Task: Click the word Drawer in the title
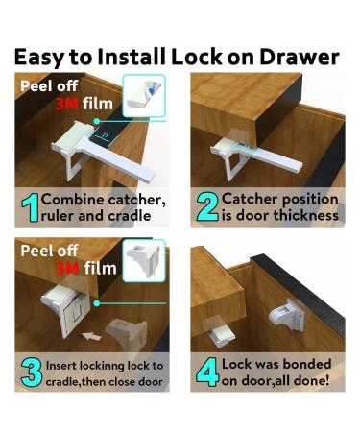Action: (x=300, y=57)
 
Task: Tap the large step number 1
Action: (x=30, y=207)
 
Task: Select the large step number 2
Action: (x=207, y=206)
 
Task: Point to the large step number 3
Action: (x=32, y=372)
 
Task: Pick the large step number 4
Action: (x=208, y=372)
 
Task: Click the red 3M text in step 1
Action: (x=67, y=104)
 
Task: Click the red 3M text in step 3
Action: (x=67, y=268)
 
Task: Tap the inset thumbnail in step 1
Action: (x=144, y=95)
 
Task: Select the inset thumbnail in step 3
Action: (x=144, y=261)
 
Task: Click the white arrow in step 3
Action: (x=91, y=336)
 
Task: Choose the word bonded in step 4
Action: (x=307, y=364)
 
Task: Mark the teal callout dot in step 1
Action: (x=96, y=121)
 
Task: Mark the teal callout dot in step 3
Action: (x=97, y=303)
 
